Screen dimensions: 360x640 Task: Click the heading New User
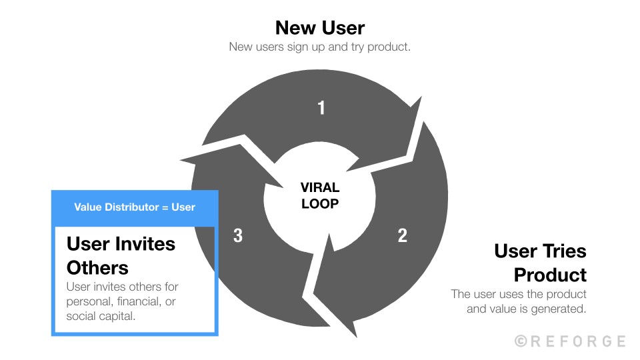[320, 27]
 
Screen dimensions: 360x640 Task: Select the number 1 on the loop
[321, 107]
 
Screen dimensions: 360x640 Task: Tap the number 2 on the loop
[402, 235]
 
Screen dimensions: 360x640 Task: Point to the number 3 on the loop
[238, 235]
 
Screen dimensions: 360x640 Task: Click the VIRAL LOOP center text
[320, 196]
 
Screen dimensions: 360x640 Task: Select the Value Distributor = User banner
[135, 207]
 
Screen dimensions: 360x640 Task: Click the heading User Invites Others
[121, 255]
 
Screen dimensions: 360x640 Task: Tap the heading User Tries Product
[540, 263]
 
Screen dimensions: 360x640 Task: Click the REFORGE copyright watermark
[570, 341]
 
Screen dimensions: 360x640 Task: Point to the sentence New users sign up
[320, 47]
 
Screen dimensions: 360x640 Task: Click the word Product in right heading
[550, 275]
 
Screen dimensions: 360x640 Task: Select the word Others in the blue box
[97, 267]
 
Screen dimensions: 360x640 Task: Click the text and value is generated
[527, 309]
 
